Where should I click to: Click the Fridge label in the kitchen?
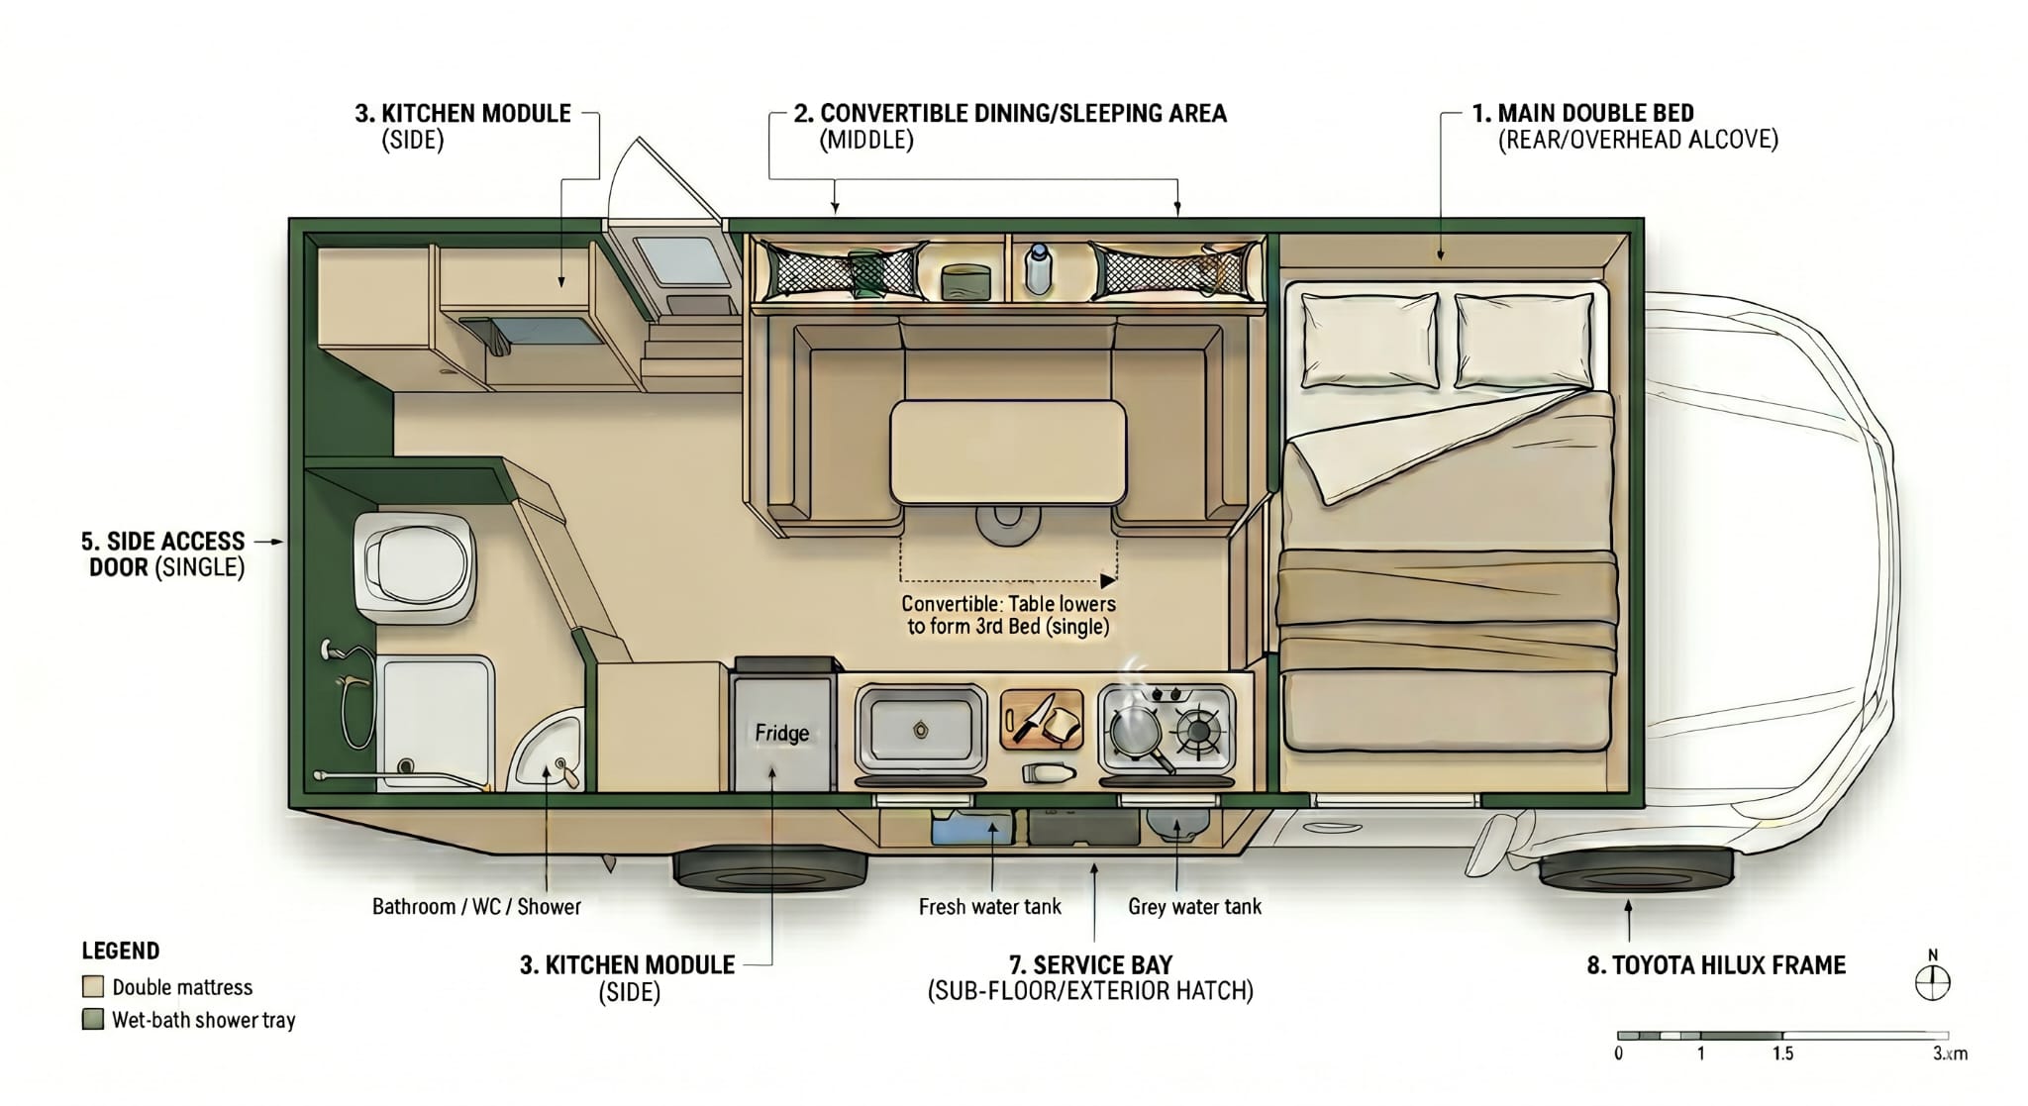tap(781, 733)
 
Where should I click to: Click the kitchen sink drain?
tap(921, 731)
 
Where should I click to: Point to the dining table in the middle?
tap(1007, 452)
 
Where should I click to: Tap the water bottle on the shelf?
tap(1037, 268)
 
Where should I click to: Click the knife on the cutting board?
tap(1030, 717)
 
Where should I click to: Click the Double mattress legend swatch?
tap(93, 987)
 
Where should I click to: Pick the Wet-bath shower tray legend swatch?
tap(93, 1020)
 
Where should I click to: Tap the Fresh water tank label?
tap(989, 907)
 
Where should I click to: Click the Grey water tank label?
tap(1194, 907)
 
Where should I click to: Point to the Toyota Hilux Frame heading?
tap(1716, 965)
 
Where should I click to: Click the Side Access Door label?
tap(163, 554)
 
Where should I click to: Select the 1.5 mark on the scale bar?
tap(1782, 1054)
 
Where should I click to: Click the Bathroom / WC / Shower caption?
tap(476, 907)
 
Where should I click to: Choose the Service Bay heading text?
tap(1090, 965)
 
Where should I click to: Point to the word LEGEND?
tap(120, 952)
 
